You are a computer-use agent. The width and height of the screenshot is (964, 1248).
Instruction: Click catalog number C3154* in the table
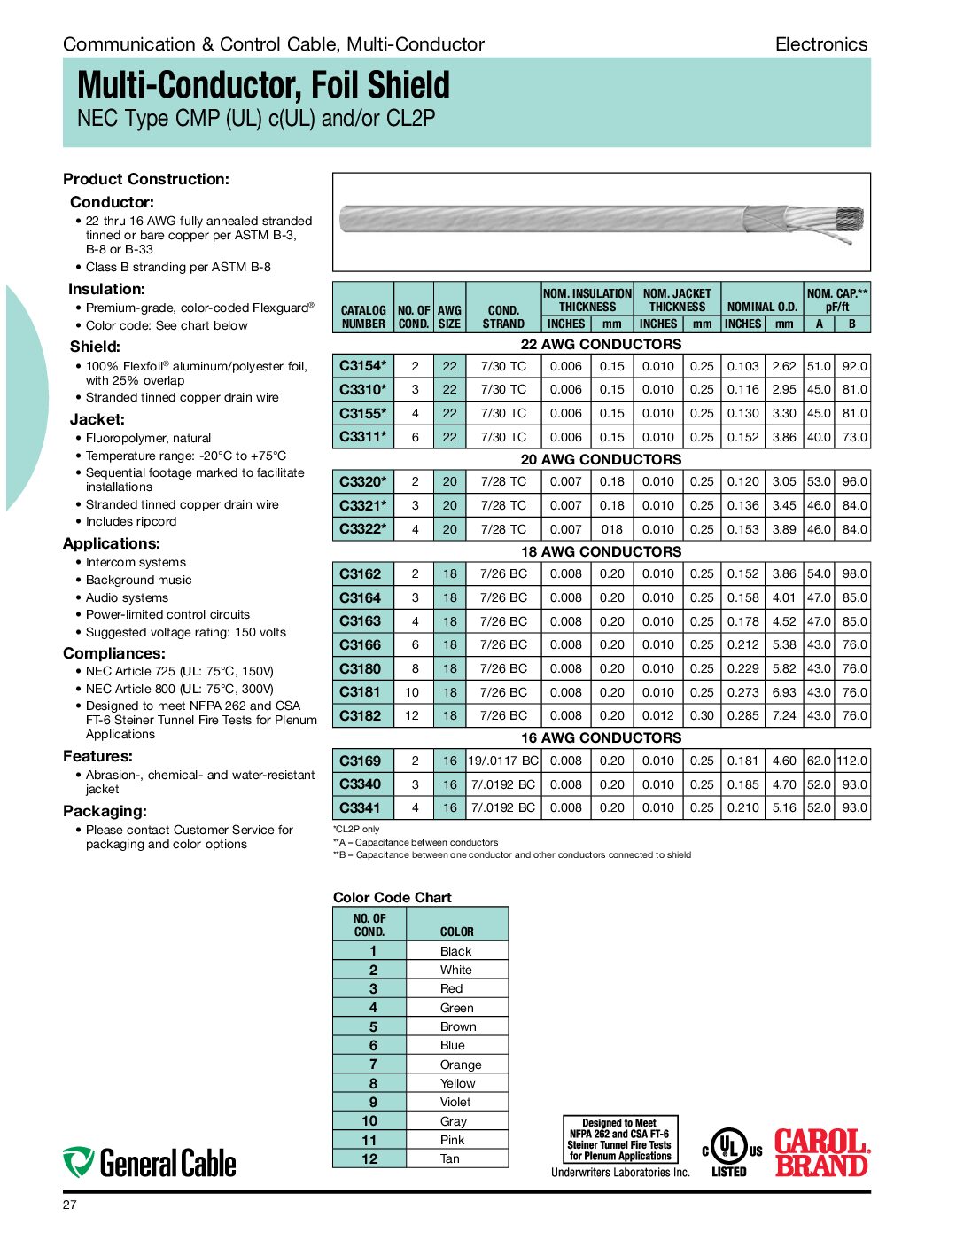(x=362, y=366)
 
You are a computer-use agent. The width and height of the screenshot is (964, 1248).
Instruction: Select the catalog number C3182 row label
(x=360, y=716)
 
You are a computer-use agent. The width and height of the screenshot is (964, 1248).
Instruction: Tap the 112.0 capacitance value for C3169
(x=851, y=760)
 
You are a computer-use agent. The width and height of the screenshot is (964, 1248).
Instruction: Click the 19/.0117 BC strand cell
(x=503, y=760)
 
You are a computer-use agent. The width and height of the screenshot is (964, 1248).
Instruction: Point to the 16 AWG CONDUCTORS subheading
(x=601, y=738)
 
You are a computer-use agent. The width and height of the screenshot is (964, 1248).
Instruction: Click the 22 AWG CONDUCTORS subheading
(x=601, y=345)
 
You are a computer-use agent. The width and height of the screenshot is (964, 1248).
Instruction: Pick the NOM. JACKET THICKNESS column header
(x=677, y=300)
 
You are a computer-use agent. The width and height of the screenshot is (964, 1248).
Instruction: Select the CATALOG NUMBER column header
(x=363, y=317)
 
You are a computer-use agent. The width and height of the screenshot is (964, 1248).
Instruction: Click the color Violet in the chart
(x=455, y=1103)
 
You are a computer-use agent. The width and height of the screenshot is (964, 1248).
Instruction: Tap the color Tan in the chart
(x=450, y=1159)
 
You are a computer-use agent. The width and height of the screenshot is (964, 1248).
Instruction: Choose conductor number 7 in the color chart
(x=373, y=1065)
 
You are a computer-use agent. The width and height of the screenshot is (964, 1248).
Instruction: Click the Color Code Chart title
(x=392, y=898)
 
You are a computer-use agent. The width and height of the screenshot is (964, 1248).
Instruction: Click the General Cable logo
(x=150, y=1163)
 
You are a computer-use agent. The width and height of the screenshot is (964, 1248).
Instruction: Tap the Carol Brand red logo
(x=821, y=1152)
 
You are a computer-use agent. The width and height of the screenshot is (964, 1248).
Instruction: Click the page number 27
(x=70, y=1205)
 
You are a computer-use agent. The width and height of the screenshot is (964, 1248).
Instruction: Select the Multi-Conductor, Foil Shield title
(x=263, y=85)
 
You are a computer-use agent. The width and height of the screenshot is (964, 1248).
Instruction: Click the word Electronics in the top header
(x=820, y=44)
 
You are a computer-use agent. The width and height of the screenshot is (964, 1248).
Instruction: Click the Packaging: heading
(x=105, y=811)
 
